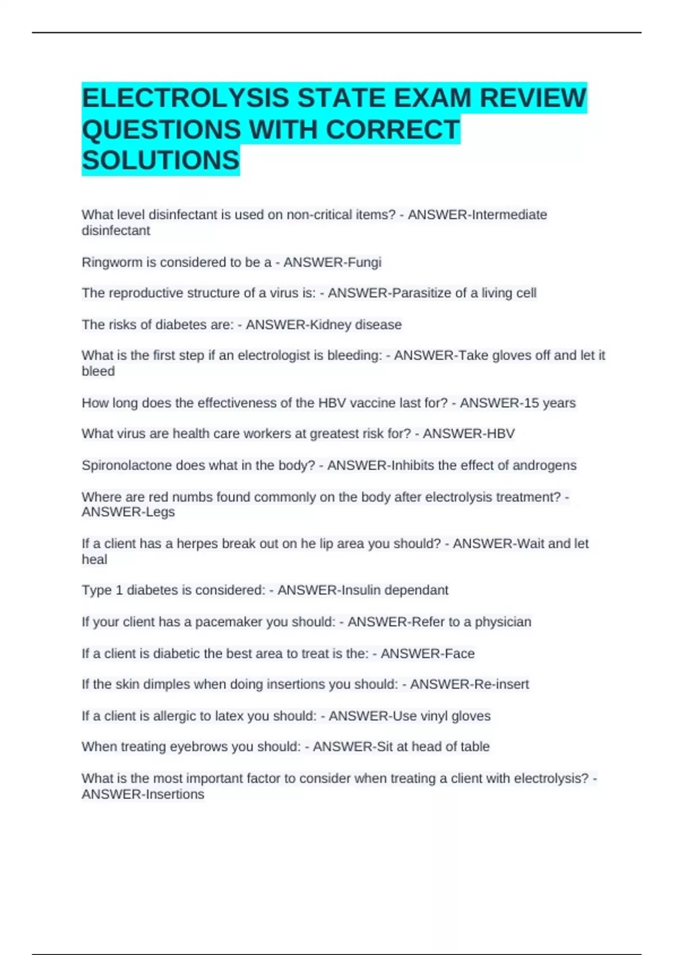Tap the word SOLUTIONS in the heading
(x=161, y=161)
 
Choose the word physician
(x=503, y=622)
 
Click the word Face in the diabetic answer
(x=459, y=653)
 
